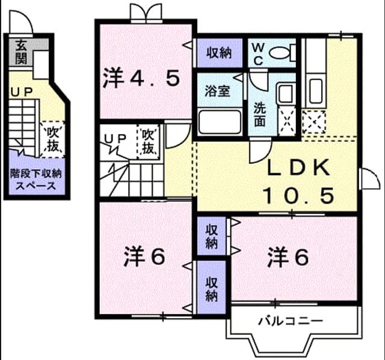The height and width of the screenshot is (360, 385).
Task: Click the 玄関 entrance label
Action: (x=21, y=52)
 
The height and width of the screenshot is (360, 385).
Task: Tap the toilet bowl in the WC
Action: (x=280, y=52)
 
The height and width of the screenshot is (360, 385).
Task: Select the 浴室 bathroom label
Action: (x=218, y=91)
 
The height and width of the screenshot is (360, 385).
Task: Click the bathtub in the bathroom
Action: (x=220, y=122)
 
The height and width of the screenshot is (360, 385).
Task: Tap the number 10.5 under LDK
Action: (x=298, y=196)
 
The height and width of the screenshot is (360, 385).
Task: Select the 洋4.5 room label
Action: (x=141, y=78)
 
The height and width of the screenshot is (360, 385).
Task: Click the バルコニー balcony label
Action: (x=291, y=321)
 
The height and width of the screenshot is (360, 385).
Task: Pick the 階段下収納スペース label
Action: (x=35, y=179)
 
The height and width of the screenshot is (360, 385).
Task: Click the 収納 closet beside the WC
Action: (x=219, y=53)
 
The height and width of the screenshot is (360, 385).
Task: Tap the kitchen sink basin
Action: (x=316, y=91)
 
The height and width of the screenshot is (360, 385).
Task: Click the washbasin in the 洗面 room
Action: (x=286, y=93)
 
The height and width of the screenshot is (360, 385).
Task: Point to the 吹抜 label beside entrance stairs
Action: (x=53, y=139)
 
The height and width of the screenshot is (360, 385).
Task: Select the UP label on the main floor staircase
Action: (x=115, y=138)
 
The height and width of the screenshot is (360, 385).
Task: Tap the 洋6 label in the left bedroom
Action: (x=144, y=256)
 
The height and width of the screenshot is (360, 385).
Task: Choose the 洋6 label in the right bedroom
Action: (x=288, y=256)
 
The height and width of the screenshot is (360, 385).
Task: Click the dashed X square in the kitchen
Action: (x=314, y=122)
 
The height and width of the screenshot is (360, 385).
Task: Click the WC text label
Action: (x=258, y=54)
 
